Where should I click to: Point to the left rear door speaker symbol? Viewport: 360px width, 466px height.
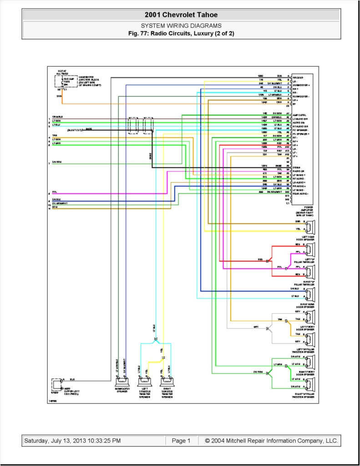[310, 227]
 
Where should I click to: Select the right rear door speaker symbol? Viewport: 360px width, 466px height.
[310, 294]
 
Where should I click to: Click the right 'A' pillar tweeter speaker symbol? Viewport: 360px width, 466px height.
[310, 383]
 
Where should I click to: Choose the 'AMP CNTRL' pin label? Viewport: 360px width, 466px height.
[300, 115]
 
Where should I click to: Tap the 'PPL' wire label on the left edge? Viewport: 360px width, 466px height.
[55, 192]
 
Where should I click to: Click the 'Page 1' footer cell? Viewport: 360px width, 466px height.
[181, 441]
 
